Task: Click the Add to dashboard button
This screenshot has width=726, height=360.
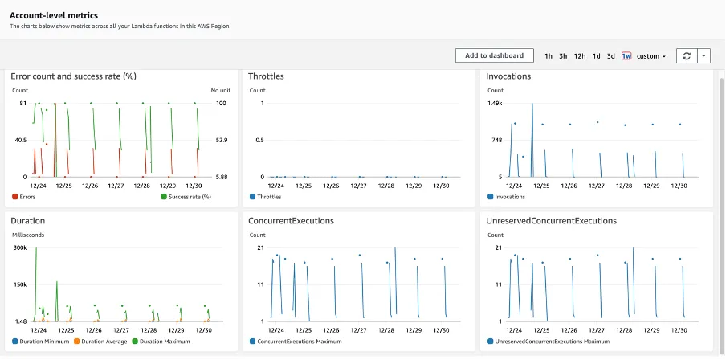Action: coord(495,55)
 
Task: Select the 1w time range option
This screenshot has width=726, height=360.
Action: coord(626,56)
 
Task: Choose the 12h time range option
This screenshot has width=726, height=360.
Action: coord(579,56)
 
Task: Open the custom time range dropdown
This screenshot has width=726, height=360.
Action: coord(651,56)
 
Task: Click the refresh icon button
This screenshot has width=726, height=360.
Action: coord(686,55)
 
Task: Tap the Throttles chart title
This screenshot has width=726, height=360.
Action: coord(266,76)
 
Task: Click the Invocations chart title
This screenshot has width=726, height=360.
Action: coord(508,76)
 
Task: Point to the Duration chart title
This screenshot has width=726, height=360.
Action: coord(28,219)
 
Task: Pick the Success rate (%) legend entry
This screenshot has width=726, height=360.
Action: coord(190,197)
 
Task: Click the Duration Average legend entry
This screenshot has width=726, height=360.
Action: coord(101,342)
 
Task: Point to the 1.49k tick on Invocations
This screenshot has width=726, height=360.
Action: coord(495,104)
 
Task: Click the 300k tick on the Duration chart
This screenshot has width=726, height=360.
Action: coord(19,248)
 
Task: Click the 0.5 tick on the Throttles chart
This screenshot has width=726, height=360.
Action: coord(259,140)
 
